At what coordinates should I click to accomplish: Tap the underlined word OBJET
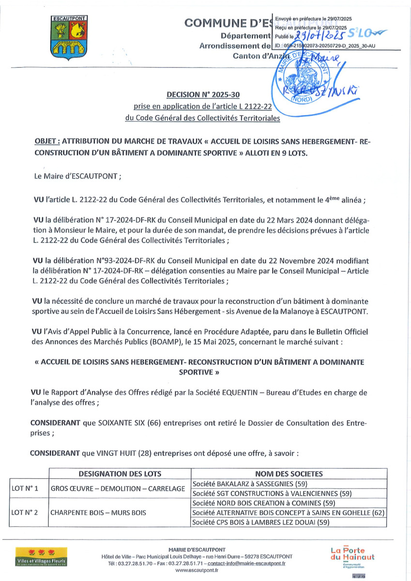(46, 141)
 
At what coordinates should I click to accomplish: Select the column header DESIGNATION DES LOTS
(120, 474)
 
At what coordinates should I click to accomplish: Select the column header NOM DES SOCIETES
(289, 474)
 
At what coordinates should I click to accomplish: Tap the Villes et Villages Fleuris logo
(41, 557)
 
